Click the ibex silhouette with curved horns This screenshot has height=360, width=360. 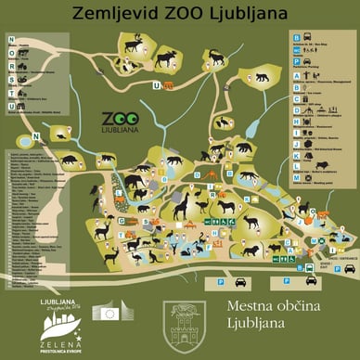216,58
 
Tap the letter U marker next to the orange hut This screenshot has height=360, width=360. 157,85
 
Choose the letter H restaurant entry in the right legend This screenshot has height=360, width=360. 297,121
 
